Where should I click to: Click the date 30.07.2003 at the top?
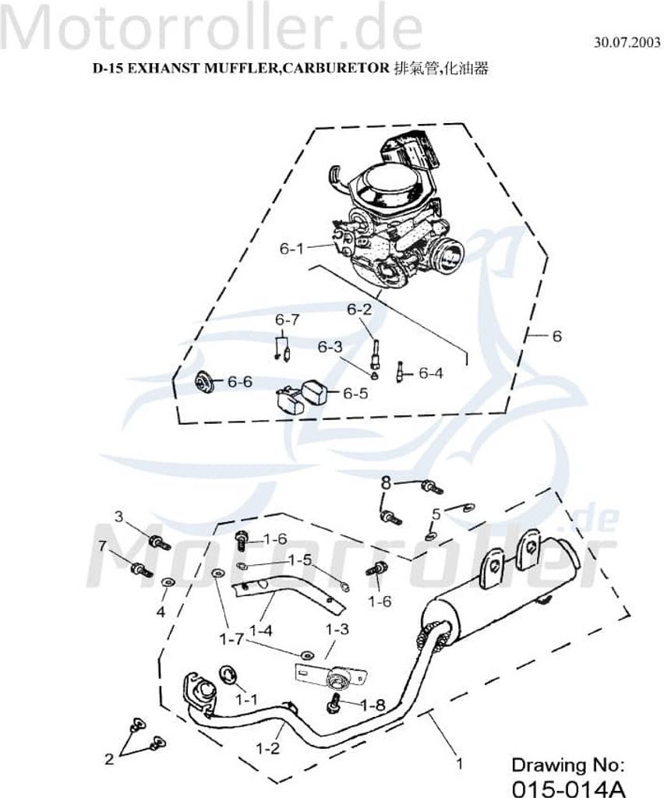(x=627, y=42)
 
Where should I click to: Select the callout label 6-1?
(x=291, y=249)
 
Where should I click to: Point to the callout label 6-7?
(x=288, y=320)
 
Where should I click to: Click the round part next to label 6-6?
(x=206, y=382)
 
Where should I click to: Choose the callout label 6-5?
(x=355, y=394)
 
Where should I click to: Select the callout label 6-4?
(x=431, y=373)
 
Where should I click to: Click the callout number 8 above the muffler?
(x=387, y=482)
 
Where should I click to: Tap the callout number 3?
(x=119, y=517)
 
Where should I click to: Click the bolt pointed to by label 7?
(x=141, y=569)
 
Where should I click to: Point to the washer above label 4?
(x=166, y=581)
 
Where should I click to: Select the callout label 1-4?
(x=260, y=630)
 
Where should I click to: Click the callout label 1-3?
(x=337, y=629)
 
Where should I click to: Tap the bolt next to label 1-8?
(x=334, y=703)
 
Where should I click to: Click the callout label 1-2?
(x=268, y=749)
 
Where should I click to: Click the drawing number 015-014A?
(x=568, y=788)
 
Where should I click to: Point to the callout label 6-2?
(x=360, y=309)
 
